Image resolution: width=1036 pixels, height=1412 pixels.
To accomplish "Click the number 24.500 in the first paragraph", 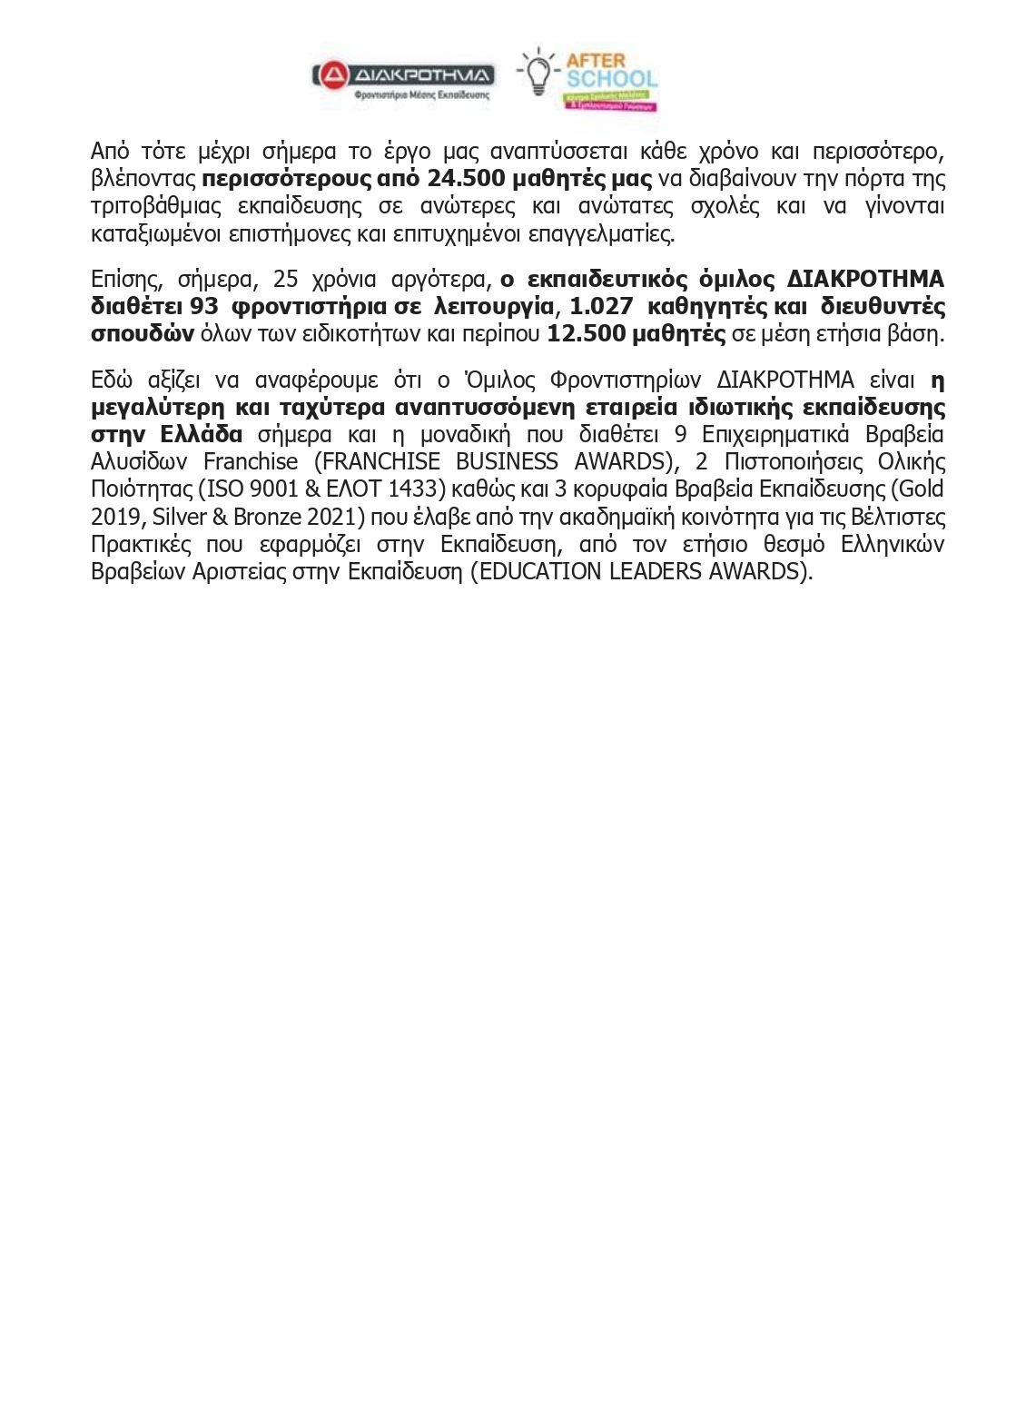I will [x=464, y=178].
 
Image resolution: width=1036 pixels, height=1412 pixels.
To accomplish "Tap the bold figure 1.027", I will [x=601, y=306].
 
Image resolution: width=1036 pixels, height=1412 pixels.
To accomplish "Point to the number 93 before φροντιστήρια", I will [x=204, y=306].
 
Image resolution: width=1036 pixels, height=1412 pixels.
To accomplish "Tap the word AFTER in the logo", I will [x=596, y=61].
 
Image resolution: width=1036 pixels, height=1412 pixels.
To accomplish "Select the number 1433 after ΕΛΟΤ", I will [x=414, y=489].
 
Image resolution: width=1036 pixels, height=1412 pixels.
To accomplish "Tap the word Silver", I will [x=180, y=517].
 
